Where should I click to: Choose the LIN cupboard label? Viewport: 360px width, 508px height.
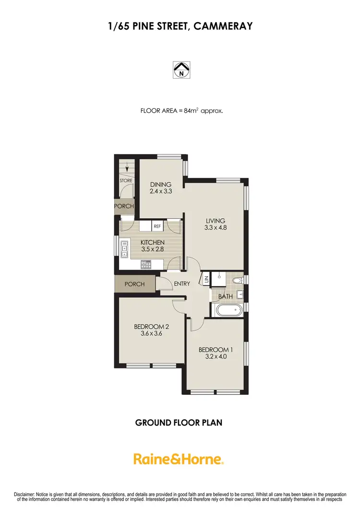(206, 280)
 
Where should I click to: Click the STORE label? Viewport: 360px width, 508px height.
(126, 181)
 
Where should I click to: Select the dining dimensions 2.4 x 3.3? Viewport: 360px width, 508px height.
(161, 191)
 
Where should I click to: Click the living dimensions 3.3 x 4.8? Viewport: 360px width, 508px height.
(216, 228)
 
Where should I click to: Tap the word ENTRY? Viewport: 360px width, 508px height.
(182, 284)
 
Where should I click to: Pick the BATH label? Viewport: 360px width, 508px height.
(226, 297)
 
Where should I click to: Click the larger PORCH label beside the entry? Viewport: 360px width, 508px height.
(134, 284)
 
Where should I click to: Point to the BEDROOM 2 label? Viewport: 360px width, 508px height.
(151, 327)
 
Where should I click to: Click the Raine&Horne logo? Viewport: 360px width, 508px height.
(179, 459)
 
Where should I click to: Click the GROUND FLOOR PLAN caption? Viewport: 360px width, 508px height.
(179, 423)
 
